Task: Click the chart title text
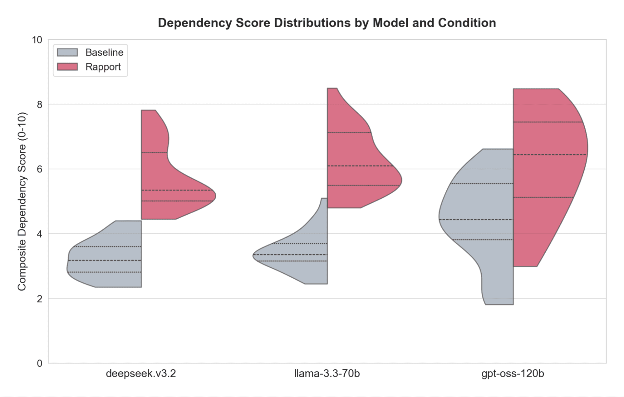pos(327,23)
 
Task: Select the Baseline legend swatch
pos(67,52)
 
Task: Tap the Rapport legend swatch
pos(67,67)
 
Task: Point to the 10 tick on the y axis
pos(37,40)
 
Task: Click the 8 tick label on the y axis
pos(39,104)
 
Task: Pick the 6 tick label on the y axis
pos(39,169)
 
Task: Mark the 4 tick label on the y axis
pos(39,234)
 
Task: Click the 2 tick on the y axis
pos(39,299)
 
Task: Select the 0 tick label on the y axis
pos(39,363)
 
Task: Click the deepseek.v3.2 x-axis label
pos(141,374)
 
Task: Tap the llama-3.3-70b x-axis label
pos(327,374)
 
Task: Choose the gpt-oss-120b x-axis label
pos(513,374)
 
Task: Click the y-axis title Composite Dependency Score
pos(22,201)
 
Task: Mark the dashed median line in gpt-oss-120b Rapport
pos(549,155)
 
